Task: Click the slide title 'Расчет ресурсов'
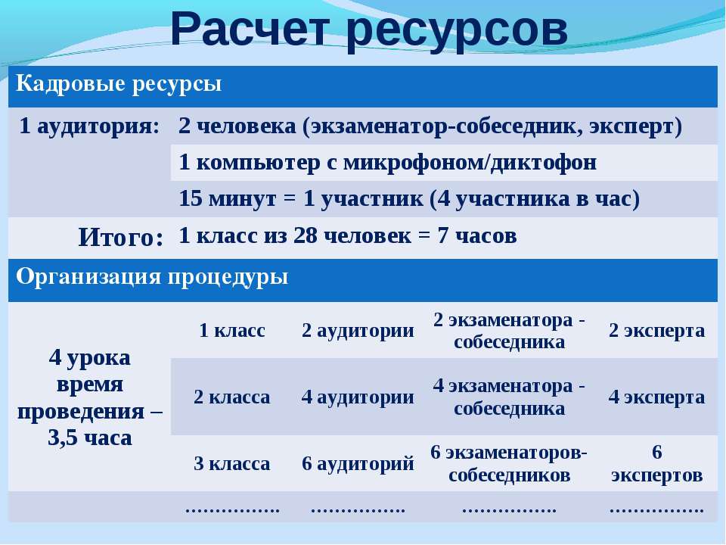[369, 30]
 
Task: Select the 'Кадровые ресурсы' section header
[119, 84]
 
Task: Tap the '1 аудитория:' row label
[89, 126]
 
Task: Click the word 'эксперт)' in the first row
[635, 126]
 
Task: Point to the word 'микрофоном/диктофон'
[470, 162]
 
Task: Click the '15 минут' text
[228, 199]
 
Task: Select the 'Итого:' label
[121, 238]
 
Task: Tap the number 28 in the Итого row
[305, 235]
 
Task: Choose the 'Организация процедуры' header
[152, 277]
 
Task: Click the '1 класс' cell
[232, 331]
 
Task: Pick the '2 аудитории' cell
[358, 331]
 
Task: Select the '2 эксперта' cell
[656, 331]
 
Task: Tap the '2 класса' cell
[232, 397]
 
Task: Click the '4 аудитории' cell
[358, 397]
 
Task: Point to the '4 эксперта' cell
[656, 397]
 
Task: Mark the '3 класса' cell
[232, 463]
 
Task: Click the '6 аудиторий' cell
[358, 463]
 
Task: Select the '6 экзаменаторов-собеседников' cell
[509, 463]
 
